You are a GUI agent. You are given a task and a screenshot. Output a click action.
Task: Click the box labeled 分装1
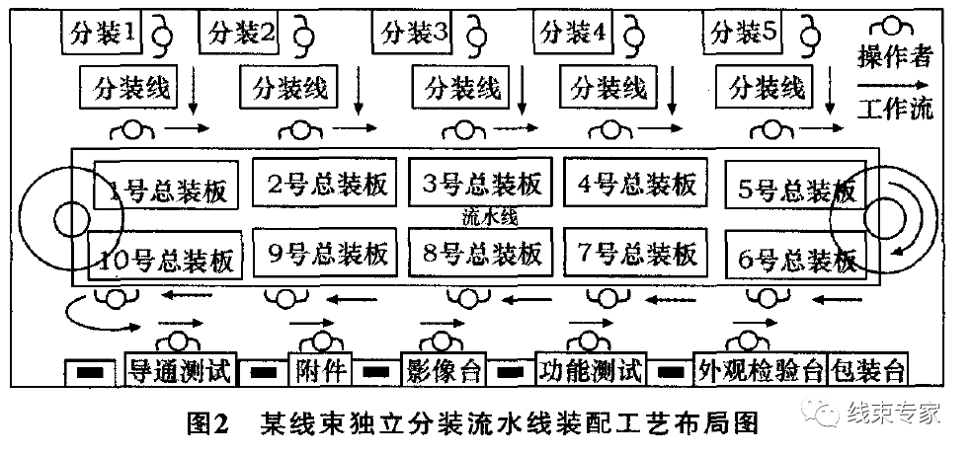click(x=103, y=34)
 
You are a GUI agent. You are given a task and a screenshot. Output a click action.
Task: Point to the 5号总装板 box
click(x=796, y=189)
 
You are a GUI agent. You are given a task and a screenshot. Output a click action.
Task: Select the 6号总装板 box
click(x=796, y=259)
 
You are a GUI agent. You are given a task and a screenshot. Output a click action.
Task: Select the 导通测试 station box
click(x=181, y=371)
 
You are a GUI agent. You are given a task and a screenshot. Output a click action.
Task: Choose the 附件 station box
click(x=320, y=371)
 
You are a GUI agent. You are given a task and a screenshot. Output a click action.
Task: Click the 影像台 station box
click(x=443, y=371)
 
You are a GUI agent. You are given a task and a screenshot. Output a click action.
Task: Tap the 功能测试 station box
click(x=590, y=371)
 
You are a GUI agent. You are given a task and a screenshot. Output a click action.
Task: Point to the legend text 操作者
click(x=894, y=56)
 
